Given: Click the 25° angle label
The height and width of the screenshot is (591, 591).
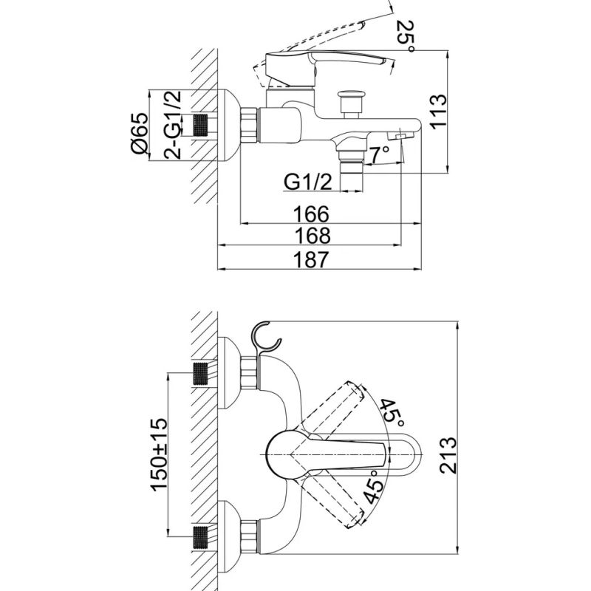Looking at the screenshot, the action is (406, 37).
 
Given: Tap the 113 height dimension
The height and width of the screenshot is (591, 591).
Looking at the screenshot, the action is (438, 112).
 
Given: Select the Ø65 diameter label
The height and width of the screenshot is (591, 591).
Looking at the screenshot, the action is (139, 133).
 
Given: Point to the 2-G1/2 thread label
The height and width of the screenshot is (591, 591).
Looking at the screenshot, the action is (173, 124).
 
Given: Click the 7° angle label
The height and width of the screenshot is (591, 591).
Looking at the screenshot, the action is (379, 154).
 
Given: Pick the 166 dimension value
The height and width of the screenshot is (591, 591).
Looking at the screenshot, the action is (311, 214).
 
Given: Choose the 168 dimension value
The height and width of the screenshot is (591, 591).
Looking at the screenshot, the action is (312, 236).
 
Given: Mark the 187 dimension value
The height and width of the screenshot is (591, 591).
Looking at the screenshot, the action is (311, 260).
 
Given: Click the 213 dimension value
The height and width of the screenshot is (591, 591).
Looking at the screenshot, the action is (448, 455).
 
